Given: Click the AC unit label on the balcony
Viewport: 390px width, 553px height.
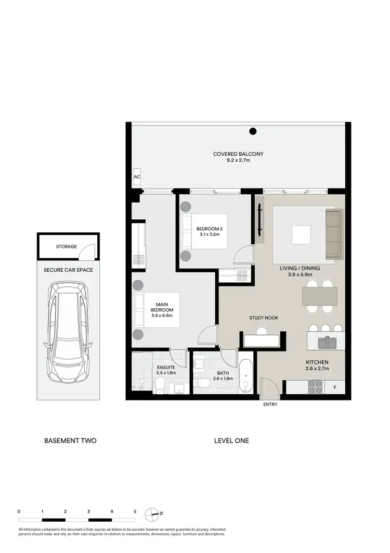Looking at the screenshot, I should (137, 177).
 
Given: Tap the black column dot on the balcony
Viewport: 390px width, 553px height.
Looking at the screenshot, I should (253, 131).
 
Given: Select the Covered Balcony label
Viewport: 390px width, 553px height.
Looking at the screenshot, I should (238, 157).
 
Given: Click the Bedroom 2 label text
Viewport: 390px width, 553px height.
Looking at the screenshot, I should (210, 232).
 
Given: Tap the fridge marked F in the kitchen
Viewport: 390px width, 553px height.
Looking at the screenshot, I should (334, 387).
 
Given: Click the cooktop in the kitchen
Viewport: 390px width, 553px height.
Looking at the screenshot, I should (316, 386).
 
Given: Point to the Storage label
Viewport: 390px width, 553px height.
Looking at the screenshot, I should (67, 246).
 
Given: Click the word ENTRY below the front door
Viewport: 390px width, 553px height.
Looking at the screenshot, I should (270, 405).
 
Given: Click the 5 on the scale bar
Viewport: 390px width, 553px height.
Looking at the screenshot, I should (135, 511).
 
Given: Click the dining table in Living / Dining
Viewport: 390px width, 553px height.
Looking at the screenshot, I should (319, 296).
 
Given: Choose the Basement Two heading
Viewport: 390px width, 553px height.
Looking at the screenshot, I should (70, 441).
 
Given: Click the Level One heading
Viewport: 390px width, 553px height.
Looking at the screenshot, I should (231, 441).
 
